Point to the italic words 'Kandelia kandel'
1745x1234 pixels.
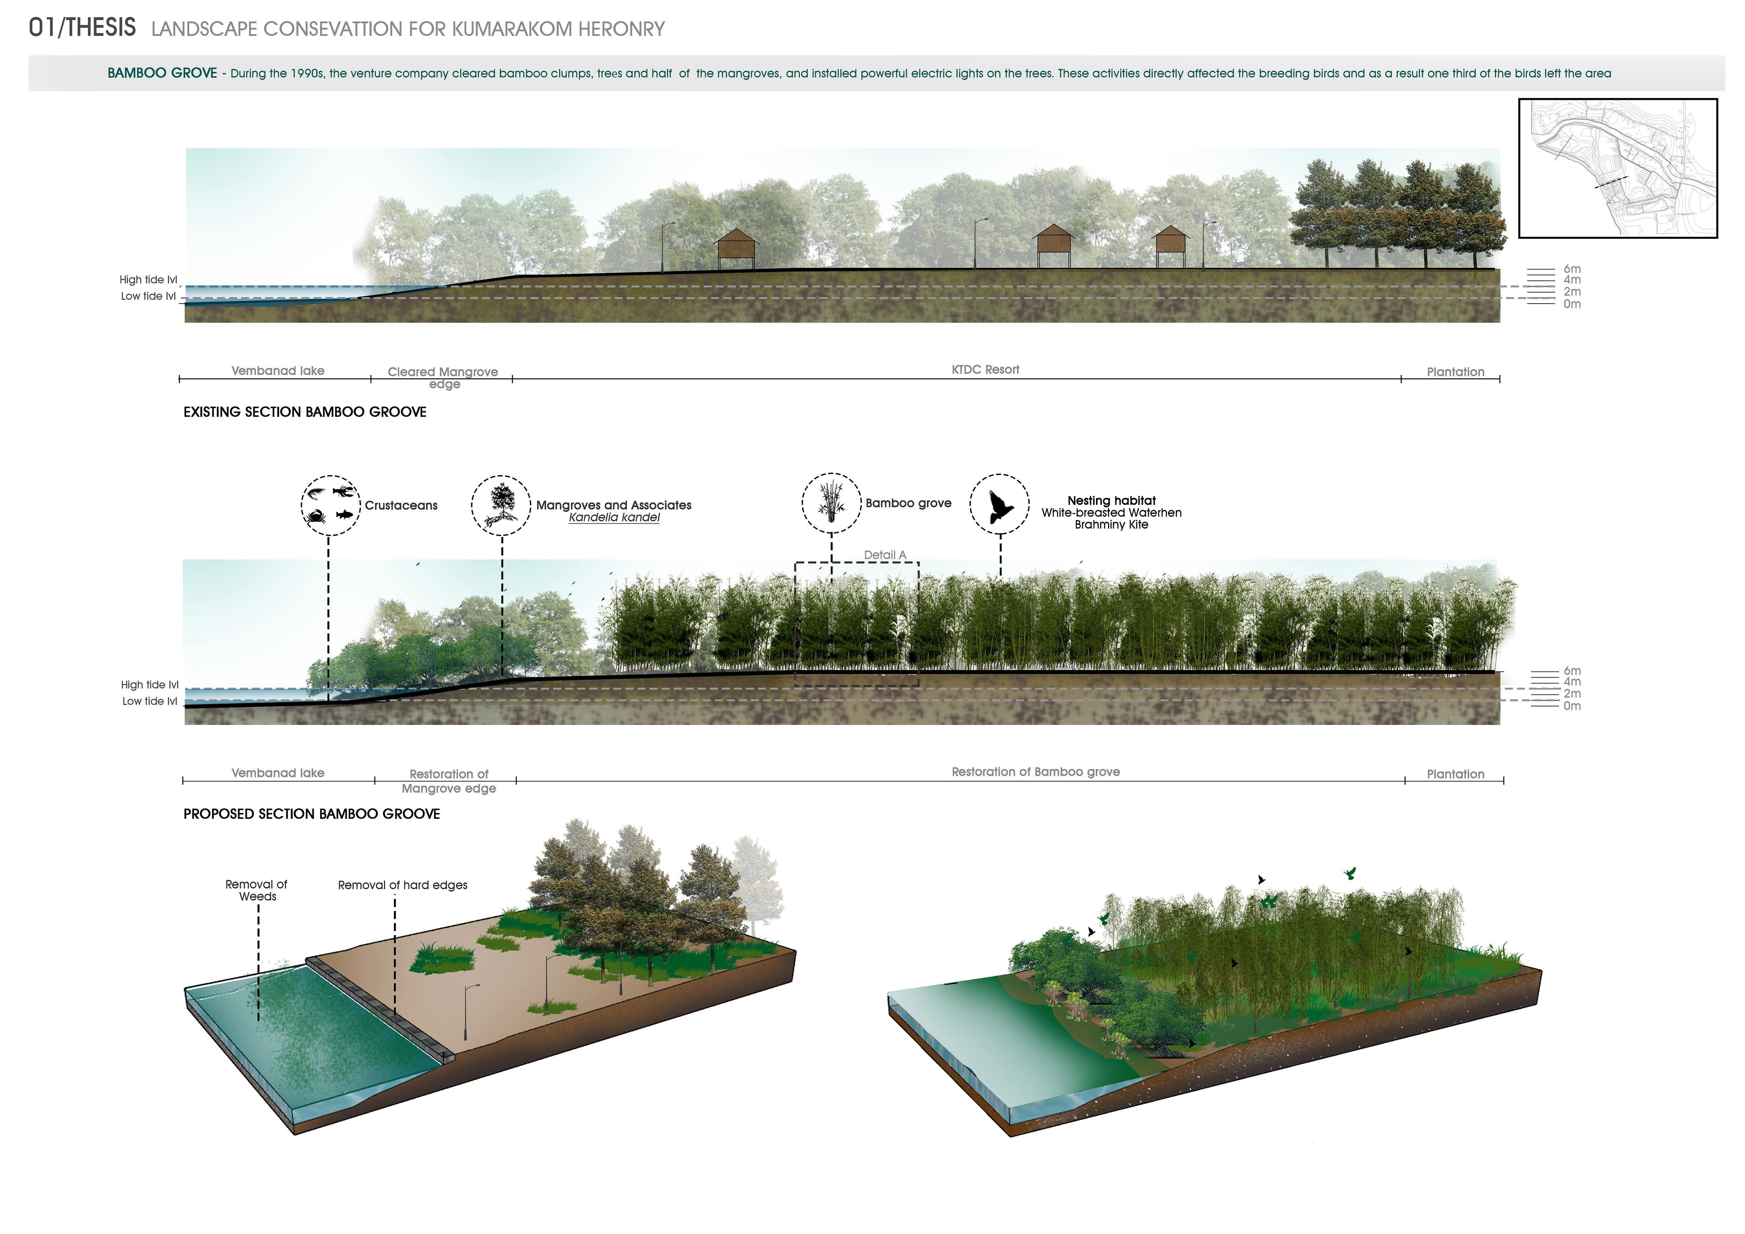pos(614,517)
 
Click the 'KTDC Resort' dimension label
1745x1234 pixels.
pos(985,369)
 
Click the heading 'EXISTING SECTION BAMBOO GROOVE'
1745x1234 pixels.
pos(305,412)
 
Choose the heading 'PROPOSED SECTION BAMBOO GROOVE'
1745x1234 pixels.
pos(312,814)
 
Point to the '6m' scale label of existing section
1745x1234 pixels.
pos(1572,269)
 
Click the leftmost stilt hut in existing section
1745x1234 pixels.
pos(736,247)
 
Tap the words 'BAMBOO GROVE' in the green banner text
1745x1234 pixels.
pos(162,73)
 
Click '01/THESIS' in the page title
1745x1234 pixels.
pos(82,28)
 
